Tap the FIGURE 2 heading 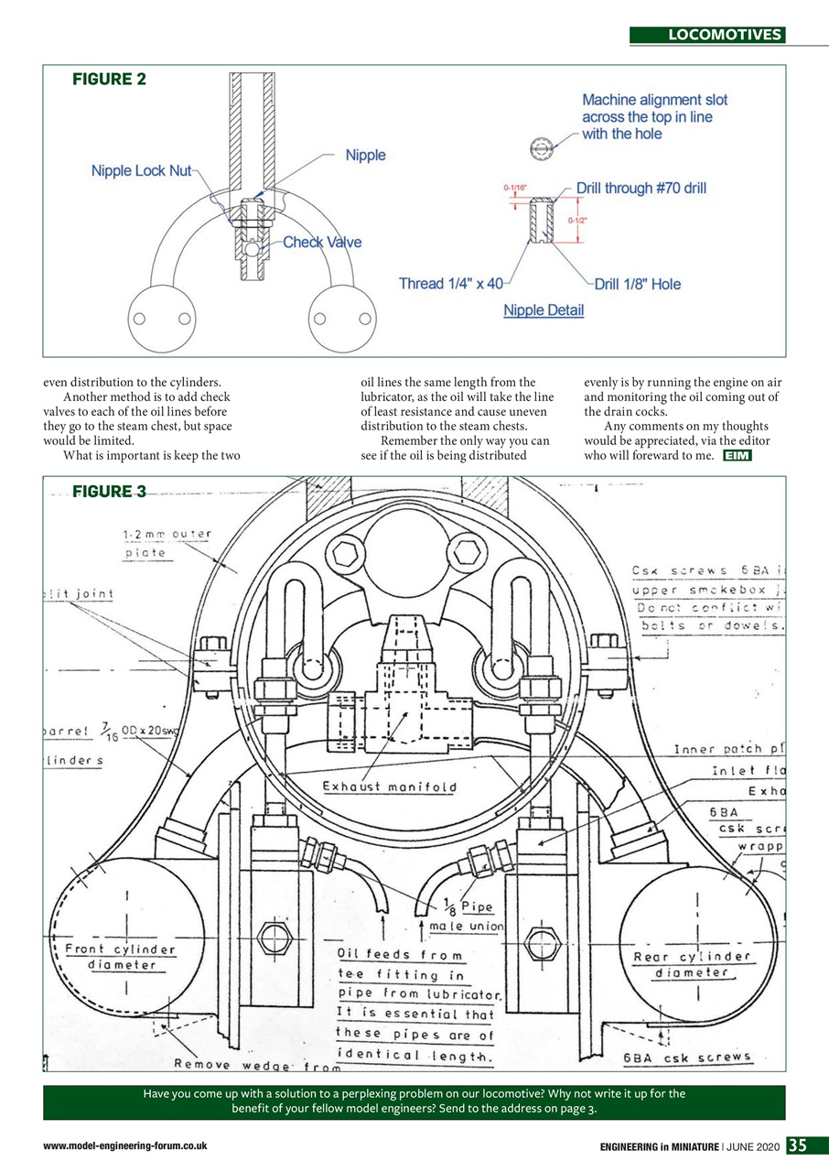109,80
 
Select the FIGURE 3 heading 109,492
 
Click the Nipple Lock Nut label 141,171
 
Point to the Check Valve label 322,243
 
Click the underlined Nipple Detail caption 544,310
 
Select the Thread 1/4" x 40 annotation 451,284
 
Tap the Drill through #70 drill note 641,189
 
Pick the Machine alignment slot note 653,116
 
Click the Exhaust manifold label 389,787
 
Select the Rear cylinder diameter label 691,964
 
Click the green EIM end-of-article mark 737,456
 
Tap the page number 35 798,1145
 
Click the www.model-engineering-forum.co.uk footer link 124,1146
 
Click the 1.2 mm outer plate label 167,543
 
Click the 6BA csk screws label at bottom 686,1058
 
